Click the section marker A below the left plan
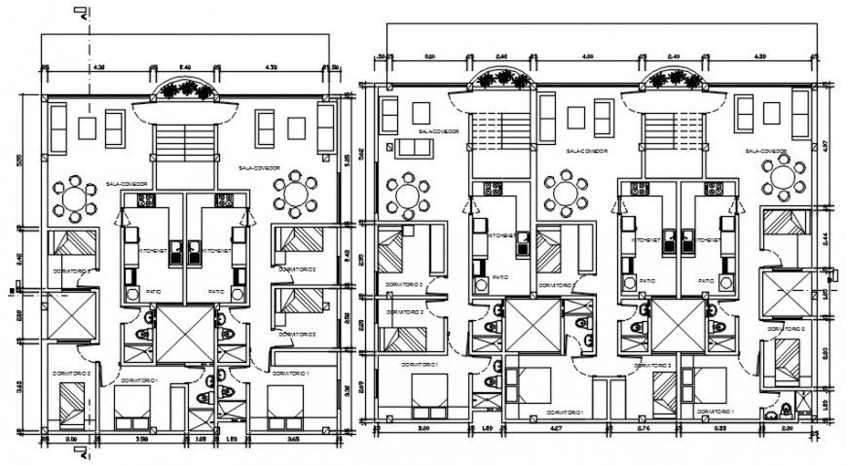pos(85,452)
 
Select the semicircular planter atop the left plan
pos(186,90)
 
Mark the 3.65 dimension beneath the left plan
pos(291,440)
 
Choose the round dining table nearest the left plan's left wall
pos(74,199)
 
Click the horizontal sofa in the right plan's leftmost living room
pos(417,149)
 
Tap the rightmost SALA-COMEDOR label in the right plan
pos(766,152)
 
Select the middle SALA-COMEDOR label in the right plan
pos(588,152)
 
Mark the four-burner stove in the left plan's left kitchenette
pos(146,201)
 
